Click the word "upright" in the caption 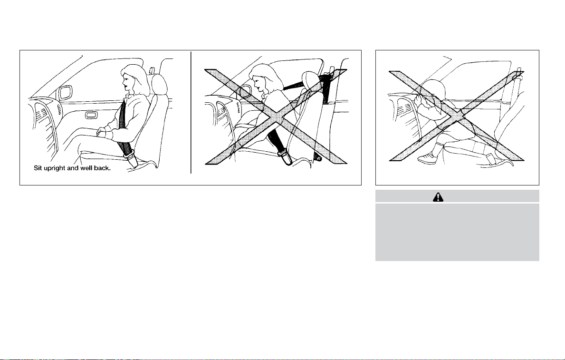55,168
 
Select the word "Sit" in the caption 38,168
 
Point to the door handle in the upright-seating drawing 91,115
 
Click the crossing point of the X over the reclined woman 276,117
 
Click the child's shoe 427,157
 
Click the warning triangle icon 438,197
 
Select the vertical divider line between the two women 191,113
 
